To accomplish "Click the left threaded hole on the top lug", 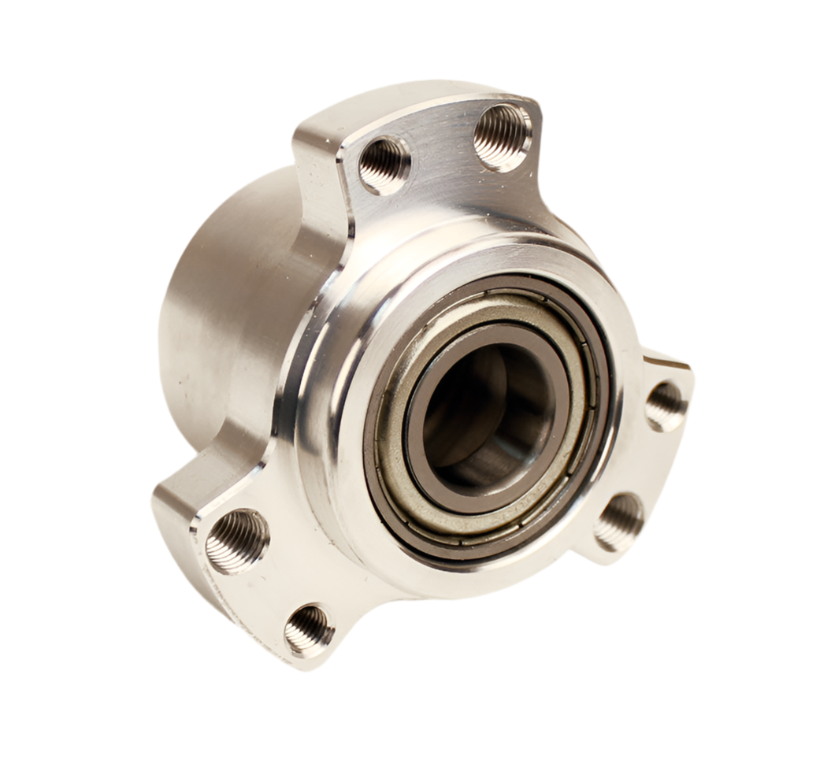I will (x=384, y=165).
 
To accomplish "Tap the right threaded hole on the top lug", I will (x=503, y=136).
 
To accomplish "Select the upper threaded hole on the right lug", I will (x=666, y=406).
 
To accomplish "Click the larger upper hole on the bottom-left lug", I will (x=237, y=540).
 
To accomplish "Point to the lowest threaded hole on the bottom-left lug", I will (x=309, y=630).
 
